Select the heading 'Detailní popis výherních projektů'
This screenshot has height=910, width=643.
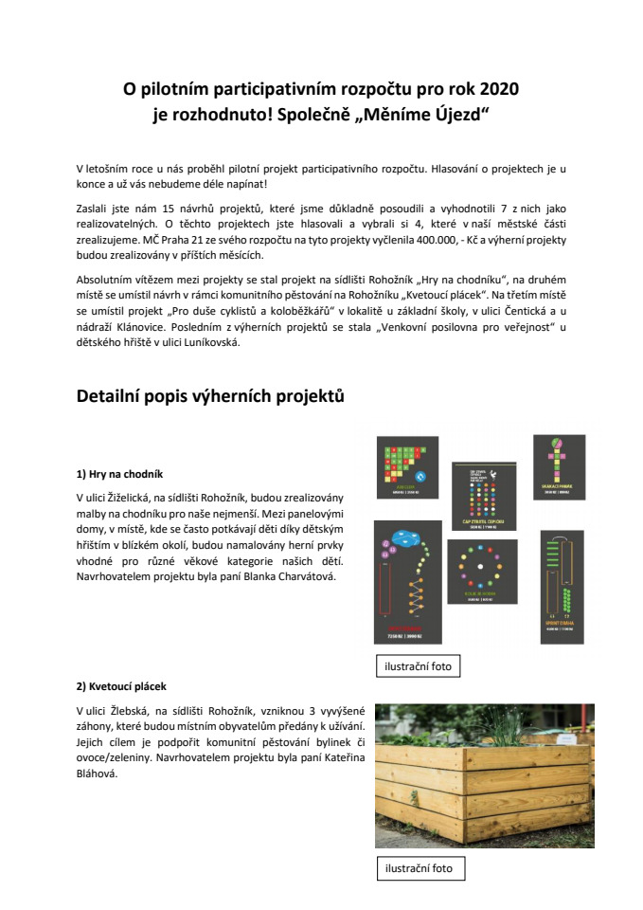click(209, 396)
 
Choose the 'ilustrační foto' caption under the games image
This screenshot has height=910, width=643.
click(418, 666)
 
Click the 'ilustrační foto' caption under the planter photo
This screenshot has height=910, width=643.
click(418, 867)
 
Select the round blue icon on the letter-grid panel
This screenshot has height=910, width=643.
click(422, 476)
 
